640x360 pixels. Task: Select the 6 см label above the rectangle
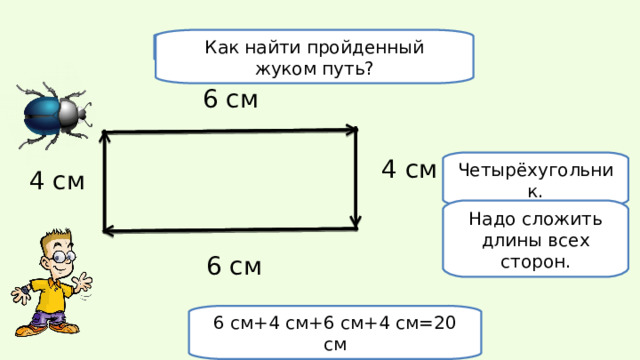230,99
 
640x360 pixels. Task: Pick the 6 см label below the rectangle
234,266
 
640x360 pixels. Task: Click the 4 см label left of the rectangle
57,181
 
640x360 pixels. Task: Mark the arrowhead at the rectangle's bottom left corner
108,232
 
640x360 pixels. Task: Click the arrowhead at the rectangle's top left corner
104,137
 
